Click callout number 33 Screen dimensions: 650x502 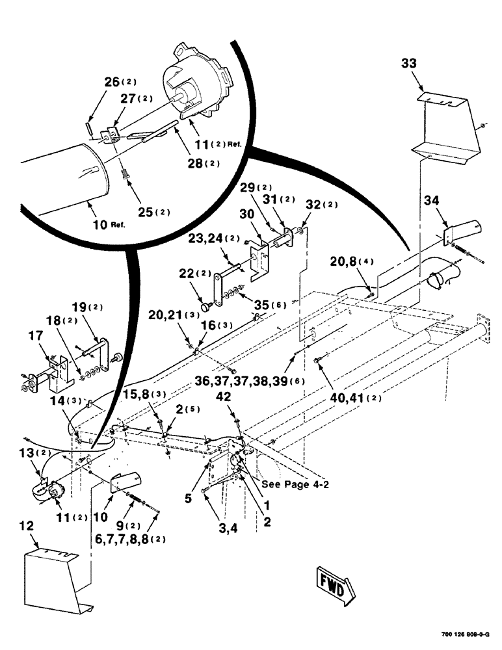point(409,64)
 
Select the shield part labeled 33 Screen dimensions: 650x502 point(447,127)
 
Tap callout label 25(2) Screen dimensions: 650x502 point(153,212)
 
